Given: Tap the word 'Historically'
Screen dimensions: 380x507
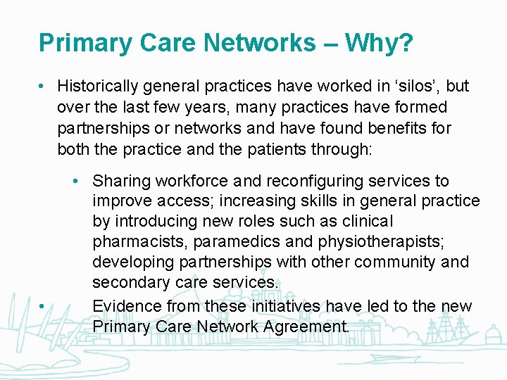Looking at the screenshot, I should (99, 87).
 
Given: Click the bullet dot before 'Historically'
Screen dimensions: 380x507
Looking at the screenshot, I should (43, 87).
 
